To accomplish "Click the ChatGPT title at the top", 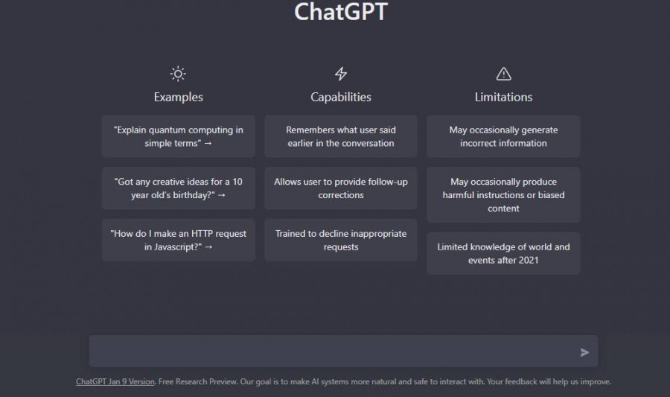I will click(341, 13).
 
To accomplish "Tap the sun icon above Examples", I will click(178, 74).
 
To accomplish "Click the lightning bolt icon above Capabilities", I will click(341, 74).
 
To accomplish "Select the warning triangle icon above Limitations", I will click(503, 74).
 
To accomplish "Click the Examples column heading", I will click(178, 97).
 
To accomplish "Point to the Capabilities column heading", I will click(341, 97).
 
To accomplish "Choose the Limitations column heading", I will click(503, 97).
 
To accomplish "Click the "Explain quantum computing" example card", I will click(178, 136).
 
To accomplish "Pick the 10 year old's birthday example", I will click(178, 188).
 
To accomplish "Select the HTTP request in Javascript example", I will click(178, 240).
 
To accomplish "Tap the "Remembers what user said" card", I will click(341, 136).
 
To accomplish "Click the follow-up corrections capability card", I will click(341, 188).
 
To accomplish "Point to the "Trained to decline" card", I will click(341, 240).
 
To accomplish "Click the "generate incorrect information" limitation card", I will click(503, 136).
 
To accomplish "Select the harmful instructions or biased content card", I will click(503, 195).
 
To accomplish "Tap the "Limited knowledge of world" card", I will click(503, 253).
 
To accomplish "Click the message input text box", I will click(331, 352).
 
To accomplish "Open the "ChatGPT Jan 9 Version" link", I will click(115, 382).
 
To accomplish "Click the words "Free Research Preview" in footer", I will click(196, 382).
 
